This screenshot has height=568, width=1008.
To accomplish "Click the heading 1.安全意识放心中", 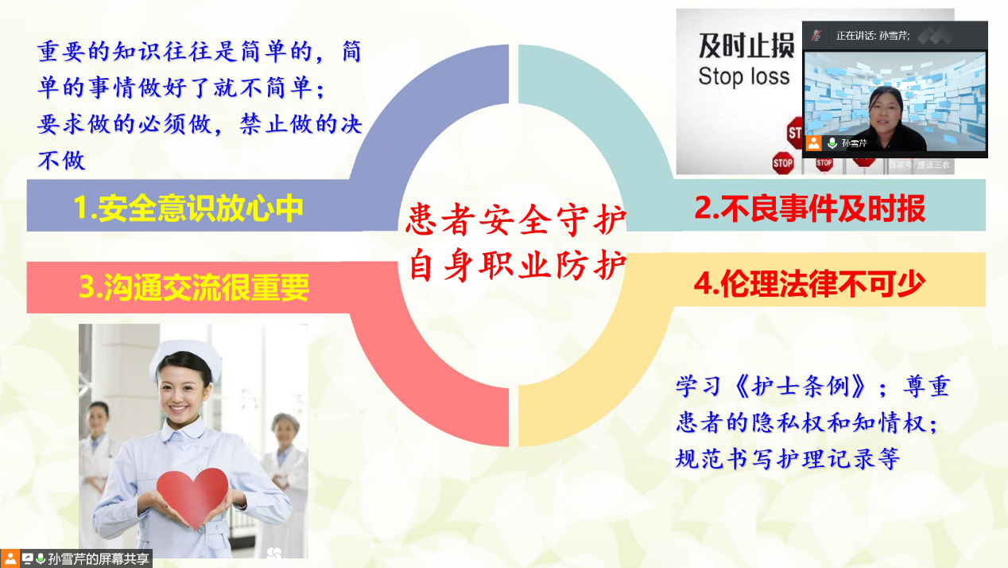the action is point(188,208).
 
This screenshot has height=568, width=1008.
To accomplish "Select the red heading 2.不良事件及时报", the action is point(809,208).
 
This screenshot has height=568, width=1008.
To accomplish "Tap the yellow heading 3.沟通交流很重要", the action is point(194,287).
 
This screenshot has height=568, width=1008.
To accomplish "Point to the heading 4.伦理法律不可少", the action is point(809,284).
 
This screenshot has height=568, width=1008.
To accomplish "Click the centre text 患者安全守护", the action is point(516,220).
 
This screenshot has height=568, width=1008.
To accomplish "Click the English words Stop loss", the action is point(744,76).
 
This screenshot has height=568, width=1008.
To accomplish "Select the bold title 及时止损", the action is point(746,46).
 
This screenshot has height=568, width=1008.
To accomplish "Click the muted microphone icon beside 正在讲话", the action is point(816,35).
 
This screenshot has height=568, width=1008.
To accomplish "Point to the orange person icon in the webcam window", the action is point(813,143).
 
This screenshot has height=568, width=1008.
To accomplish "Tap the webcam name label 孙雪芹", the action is point(854,143).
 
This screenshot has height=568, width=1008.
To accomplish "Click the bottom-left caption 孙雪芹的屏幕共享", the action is point(99,559).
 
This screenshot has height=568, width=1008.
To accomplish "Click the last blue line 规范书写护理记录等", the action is point(788,458).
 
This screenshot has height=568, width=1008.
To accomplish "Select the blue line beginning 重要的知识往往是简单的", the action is point(200,52).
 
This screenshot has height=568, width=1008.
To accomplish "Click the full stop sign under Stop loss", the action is point(783,163).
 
